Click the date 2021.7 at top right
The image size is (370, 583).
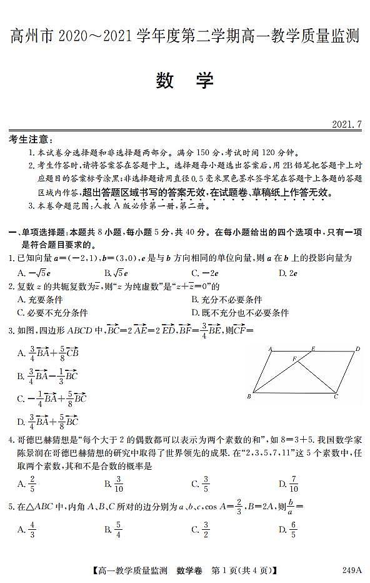pos(347,124)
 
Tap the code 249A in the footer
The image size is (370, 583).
pos(352,569)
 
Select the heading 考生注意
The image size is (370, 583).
pos(31,139)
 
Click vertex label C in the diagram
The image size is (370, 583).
pos(336,397)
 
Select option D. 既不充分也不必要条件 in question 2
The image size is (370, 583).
pos(240,313)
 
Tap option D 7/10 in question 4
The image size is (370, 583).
pos(288,483)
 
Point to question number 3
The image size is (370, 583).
pos(11,329)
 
